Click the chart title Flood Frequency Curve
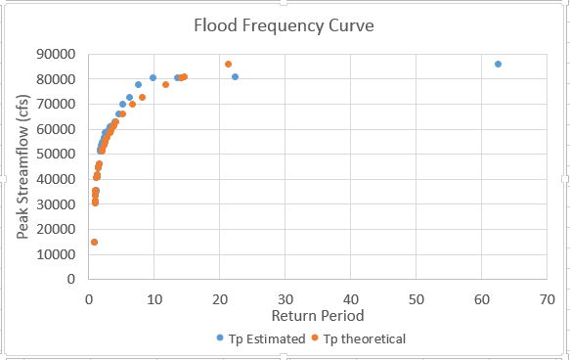pos(284,25)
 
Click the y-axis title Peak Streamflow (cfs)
pos(22,166)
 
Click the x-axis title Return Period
pos(318,316)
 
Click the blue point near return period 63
pos(498,65)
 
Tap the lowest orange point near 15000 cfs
pos(94,242)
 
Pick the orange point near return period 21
pos(228,65)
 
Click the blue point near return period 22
pos(235,77)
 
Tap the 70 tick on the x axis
pos(546,297)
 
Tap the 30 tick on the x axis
pos(285,297)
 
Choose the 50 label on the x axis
pos(416,297)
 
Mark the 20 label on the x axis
pos(219,297)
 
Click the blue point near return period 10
pos(153,78)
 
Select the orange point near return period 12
pos(165,85)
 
